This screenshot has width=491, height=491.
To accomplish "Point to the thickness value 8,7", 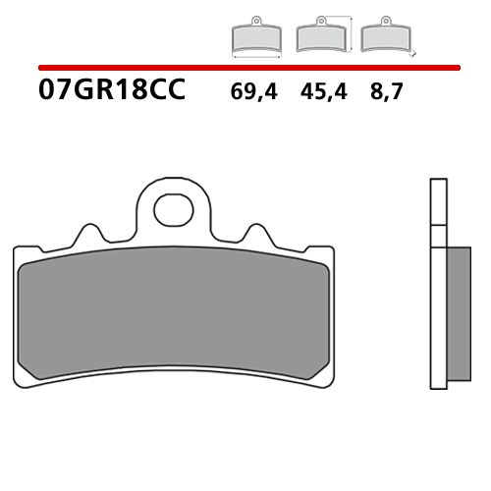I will [x=384, y=95].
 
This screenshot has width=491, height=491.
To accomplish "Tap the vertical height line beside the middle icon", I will [x=351, y=34].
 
